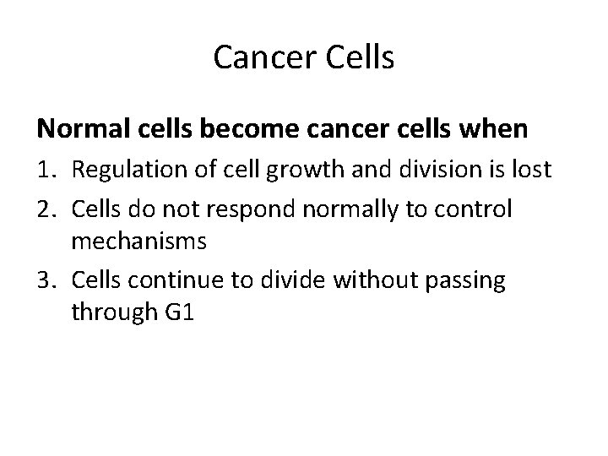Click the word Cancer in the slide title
(x=254, y=57)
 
